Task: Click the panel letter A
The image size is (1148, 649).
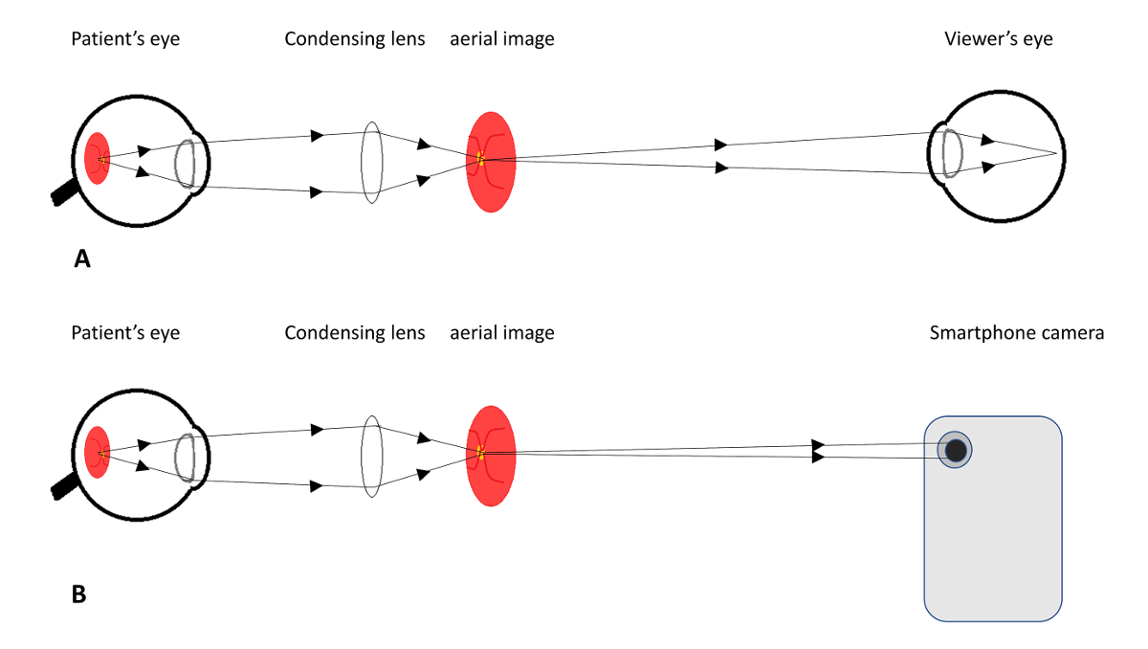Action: pos(82,258)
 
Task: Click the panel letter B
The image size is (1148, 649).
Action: pos(79,593)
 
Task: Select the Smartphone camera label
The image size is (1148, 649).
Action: pos(1017,333)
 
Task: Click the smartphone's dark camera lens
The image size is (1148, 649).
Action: pos(955,449)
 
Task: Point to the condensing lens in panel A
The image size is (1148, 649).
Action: pos(372,161)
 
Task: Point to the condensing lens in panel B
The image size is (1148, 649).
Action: pos(372,456)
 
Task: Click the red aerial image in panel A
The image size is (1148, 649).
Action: pos(491,161)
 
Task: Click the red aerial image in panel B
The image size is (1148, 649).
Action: pos(491,456)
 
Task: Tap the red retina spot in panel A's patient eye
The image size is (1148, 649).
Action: pos(97,159)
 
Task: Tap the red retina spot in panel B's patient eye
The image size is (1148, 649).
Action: pos(97,452)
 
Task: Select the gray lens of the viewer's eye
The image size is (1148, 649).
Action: pos(952,153)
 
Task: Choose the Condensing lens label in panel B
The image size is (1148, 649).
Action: pos(355,333)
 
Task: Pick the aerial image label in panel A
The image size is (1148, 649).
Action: pos(502,39)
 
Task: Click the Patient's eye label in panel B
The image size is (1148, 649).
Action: pos(125,333)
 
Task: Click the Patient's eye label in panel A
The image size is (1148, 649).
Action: pos(125,39)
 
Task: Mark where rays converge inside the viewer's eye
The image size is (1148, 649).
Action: pos(1055,153)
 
